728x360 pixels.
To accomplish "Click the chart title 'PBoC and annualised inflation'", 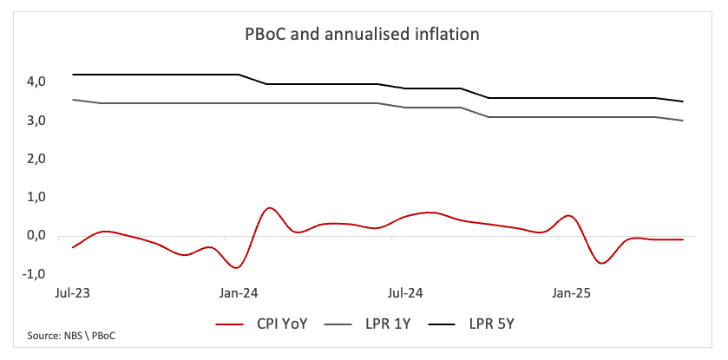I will click(x=361, y=36).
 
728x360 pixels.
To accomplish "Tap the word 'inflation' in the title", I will click(x=447, y=36).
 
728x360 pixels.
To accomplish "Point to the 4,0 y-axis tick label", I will click(x=36, y=82).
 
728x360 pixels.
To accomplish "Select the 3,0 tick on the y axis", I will click(x=36, y=121).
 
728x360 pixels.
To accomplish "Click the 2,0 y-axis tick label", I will click(x=36, y=160).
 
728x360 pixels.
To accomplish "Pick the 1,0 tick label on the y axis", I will click(x=36, y=198).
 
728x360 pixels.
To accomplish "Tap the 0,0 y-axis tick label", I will click(x=36, y=236).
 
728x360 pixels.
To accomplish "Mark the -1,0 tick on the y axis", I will click(x=34, y=274).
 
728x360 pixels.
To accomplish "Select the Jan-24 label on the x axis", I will click(x=237, y=293).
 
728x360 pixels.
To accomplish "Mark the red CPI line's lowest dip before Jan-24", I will click(x=236, y=267).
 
